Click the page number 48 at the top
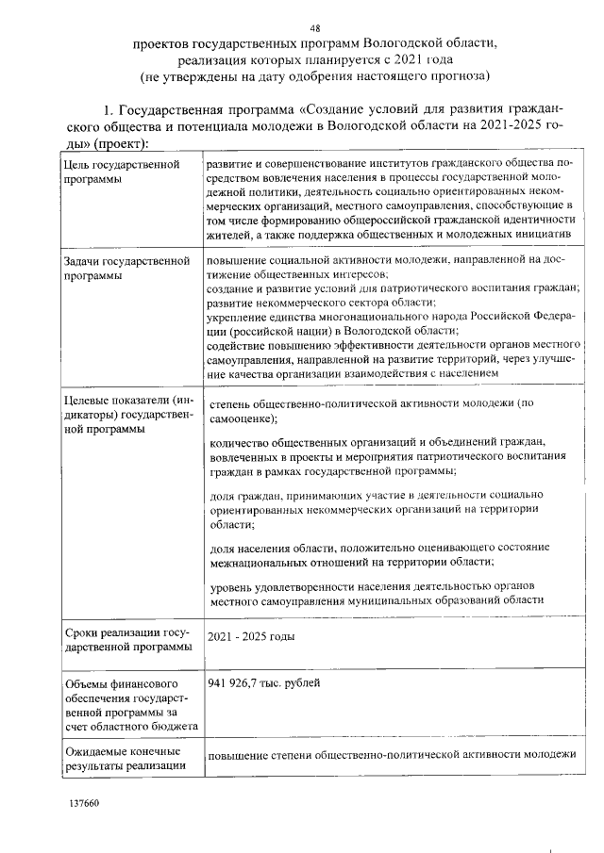tap(327, 28)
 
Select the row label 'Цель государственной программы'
tap(121, 172)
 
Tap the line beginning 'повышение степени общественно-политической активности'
tap(391, 755)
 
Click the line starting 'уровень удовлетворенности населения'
tap(377, 586)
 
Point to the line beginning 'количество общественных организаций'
tap(377, 442)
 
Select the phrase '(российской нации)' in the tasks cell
tap(257, 330)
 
